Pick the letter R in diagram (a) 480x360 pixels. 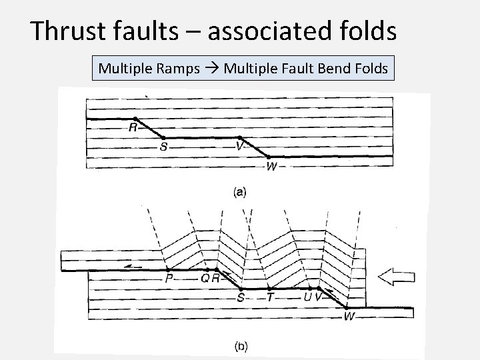coord(133,126)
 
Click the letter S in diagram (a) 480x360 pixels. coord(163,147)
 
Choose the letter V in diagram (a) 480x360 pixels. coord(239,145)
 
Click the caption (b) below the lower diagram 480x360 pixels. coord(241,346)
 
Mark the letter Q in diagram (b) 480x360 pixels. coord(205,278)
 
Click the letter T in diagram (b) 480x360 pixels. coord(269,297)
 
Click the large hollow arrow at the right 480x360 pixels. coord(397,277)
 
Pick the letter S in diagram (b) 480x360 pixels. coord(240,297)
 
